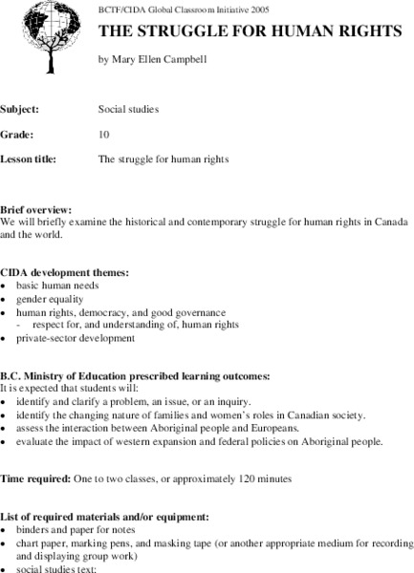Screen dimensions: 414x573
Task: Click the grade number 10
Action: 104,134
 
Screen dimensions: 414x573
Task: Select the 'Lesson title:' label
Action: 33,159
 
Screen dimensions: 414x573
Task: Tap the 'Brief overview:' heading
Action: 38,208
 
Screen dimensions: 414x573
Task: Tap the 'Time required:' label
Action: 33,477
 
